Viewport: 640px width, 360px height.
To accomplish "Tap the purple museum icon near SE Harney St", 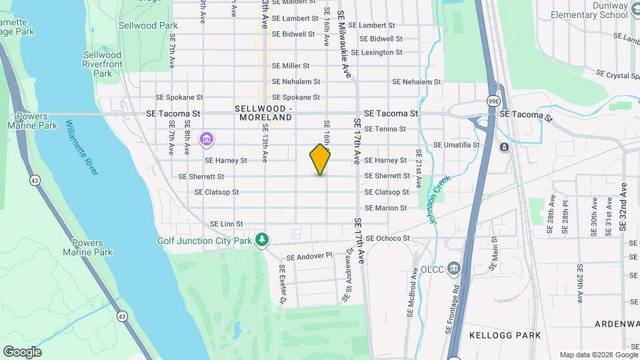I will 207,139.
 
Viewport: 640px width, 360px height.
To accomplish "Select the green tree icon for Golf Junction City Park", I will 263,239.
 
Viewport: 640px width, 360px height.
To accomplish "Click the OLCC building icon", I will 455,269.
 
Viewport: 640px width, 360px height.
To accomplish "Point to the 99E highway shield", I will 493,99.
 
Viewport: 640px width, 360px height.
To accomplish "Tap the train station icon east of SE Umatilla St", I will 505,147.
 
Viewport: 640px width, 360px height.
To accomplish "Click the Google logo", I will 22,351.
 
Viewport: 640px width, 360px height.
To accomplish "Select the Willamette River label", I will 83,147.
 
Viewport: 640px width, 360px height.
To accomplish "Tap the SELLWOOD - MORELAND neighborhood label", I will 263,113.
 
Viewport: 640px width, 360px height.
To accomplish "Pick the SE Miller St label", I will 291,66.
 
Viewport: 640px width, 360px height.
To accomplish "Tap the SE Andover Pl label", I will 309,255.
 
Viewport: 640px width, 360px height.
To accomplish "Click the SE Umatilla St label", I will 457,145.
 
